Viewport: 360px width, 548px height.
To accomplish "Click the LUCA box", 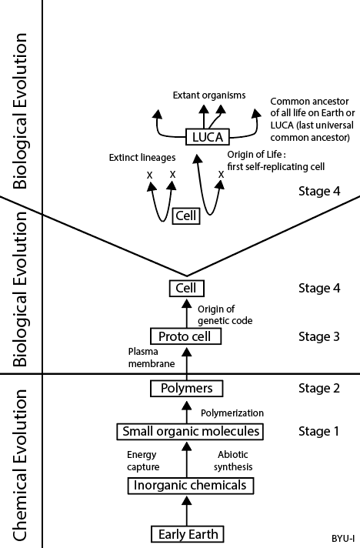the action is pyautogui.click(x=208, y=137).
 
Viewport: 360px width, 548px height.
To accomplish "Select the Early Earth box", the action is pyautogui.click(x=188, y=534).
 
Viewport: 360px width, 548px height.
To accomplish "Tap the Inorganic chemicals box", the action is pyautogui.click(x=190, y=485).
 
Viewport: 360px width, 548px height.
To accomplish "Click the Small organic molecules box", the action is pyautogui.click(x=190, y=431).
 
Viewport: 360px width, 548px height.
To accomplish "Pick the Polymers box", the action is pyautogui.click(x=187, y=388).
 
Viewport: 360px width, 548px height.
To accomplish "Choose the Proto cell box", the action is pyautogui.click(x=185, y=336).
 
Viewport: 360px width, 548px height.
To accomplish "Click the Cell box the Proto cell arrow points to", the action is pyautogui.click(x=186, y=289).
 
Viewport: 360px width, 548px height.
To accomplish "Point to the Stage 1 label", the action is pyautogui.click(x=318, y=432).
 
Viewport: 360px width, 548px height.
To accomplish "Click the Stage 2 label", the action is pyautogui.click(x=318, y=388).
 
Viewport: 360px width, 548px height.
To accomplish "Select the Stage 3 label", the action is pyautogui.click(x=318, y=336).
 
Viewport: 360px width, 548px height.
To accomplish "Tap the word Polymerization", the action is pyautogui.click(x=232, y=413).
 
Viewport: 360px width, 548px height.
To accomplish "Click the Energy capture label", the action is pyautogui.click(x=143, y=460).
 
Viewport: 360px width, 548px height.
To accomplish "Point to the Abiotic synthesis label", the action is pyautogui.click(x=233, y=460).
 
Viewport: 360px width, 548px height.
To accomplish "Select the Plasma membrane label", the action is pyautogui.click(x=152, y=358).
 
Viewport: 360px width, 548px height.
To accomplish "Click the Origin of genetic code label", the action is pyautogui.click(x=225, y=315).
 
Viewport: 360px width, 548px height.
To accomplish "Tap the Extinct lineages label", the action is pyautogui.click(x=142, y=158).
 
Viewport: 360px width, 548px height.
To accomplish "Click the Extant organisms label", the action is pyautogui.click(x=209, y=95).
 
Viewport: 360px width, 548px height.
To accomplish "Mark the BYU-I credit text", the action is pyautogui.click(x=343, y=539).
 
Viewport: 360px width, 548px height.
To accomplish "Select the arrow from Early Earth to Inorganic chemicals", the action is pyautogui.click(x=187, y=511).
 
